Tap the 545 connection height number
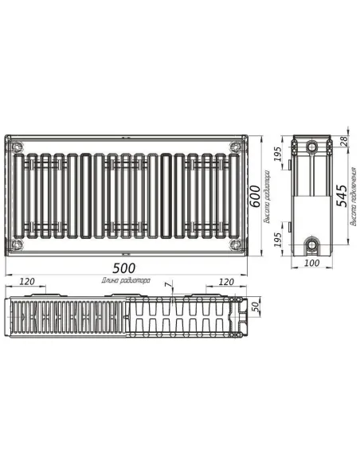click(342, 194)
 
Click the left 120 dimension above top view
click(27, 282)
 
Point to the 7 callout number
click(167, 284)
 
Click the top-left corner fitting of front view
click(18, 147)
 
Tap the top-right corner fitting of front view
click(233, 147)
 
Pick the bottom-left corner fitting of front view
click(18, 243)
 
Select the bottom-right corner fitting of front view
click(233, 243)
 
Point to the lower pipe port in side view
click(311, 242)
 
